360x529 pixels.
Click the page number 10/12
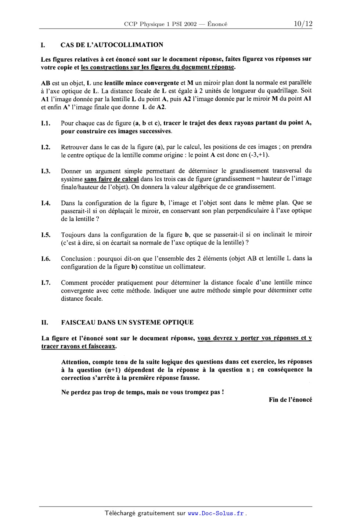[303, 24]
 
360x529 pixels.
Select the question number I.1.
[46, 123]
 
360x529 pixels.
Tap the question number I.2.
[46, 148]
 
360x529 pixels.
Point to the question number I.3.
[46, 171]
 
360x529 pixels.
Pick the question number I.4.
[46, 203]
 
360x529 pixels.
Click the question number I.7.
[46, 283]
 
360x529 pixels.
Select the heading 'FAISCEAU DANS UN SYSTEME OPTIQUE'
[127, 322]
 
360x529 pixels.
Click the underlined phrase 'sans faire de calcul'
[111, 179]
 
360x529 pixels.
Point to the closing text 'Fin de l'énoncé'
[290, 400]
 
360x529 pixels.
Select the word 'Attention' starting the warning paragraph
[75, 362]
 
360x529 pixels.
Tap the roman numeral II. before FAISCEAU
[45, 322]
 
